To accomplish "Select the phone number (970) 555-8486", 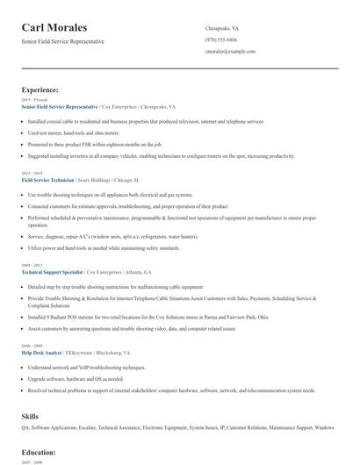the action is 221,40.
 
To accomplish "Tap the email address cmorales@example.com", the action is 230,52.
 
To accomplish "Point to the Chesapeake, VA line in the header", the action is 222,28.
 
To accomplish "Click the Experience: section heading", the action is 40,89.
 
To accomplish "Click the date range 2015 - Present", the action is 31,100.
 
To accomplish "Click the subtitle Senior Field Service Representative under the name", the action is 62,41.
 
